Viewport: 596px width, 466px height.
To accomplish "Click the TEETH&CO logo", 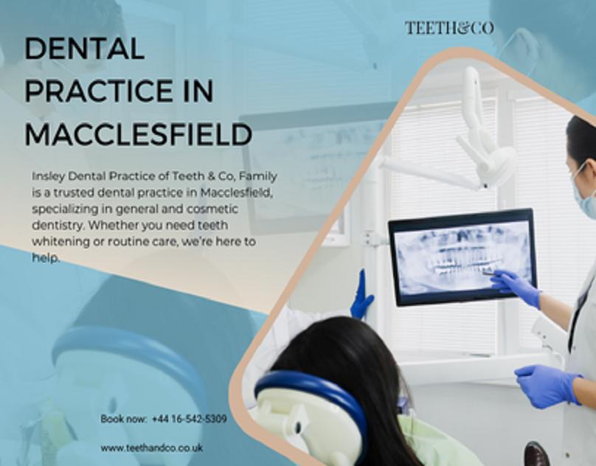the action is tap(449, 28).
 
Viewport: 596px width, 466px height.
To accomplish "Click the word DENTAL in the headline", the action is tap(84, 48).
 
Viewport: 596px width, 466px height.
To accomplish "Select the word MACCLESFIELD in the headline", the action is tap(139, 134).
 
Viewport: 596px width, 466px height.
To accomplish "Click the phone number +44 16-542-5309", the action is tap(190, 419).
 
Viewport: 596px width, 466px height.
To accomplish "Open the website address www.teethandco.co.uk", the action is tap(152, 448).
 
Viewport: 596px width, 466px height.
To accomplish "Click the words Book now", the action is tap(123, 419).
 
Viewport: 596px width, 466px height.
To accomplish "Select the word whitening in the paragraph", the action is tap(60, 242).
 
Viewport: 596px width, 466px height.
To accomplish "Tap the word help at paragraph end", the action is tap(46, 258).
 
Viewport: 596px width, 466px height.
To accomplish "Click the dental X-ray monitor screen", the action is tap(462, 257).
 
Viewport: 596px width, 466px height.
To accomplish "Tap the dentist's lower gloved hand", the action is tap(548, 385).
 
